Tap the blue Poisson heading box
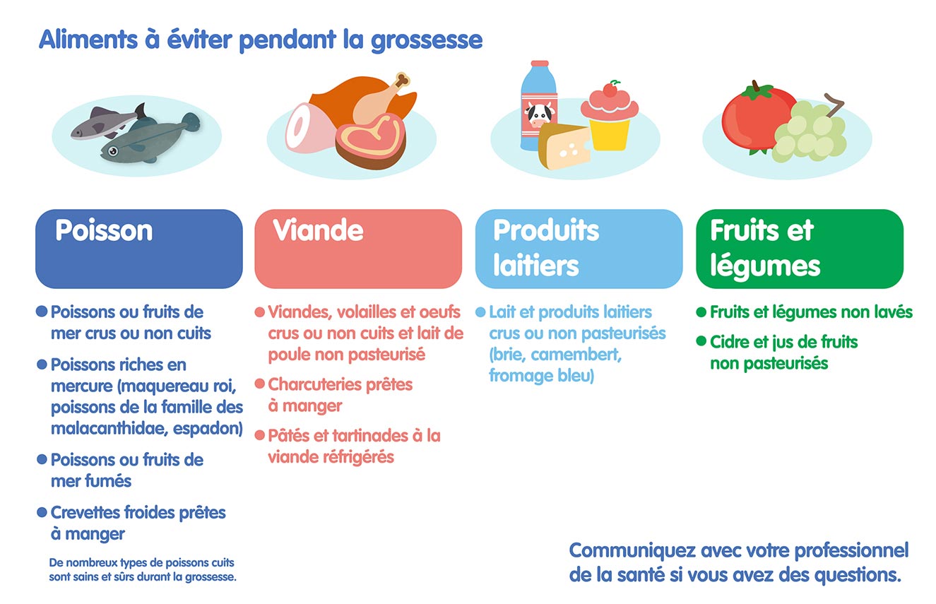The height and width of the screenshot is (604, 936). [139, 248]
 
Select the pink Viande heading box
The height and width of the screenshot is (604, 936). [358, 248]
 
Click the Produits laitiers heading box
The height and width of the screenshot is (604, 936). [579, 248]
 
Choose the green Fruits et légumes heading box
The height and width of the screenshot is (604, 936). [799, 248]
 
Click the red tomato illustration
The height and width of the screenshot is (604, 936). [754, 117]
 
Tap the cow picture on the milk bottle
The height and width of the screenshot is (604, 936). [538, 114]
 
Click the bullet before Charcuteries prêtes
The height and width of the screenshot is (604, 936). [260, 384]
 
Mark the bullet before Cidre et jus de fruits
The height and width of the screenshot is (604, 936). [701, 342]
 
